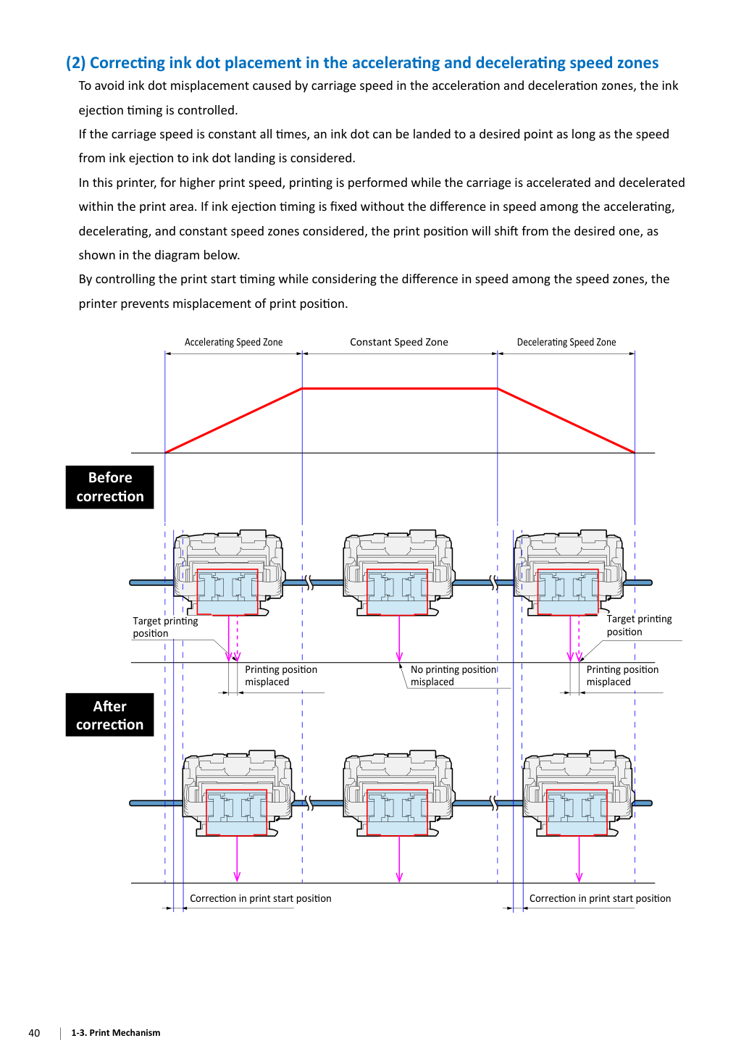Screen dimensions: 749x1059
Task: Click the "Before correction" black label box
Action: [109, 487]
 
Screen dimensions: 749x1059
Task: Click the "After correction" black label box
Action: [109, 715]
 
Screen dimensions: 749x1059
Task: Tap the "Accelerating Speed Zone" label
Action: [233, 342]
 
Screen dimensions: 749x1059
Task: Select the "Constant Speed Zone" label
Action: [399, 342]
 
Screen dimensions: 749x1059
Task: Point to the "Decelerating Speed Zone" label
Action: [566, 342]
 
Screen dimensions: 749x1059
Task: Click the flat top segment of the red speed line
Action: [400, 389]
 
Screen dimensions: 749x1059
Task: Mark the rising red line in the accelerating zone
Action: [233, 421]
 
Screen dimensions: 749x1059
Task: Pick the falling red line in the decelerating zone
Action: [566, 421]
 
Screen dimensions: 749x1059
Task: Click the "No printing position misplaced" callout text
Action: [453, 676]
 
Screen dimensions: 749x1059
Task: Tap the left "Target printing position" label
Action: [165, 627]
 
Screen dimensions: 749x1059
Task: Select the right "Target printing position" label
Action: [640, 625]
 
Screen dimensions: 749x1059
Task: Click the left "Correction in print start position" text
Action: [261, 898]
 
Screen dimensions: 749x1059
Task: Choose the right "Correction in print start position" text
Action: [600, 898]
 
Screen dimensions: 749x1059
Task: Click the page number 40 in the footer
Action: [34, 1032]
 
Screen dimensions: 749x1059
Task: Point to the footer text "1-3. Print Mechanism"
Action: [116, 1032]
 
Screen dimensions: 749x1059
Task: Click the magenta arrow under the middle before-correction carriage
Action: [399, 638]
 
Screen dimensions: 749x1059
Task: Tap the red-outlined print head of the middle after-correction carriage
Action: [397, 812]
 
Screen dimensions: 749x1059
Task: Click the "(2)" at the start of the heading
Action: [75, 63]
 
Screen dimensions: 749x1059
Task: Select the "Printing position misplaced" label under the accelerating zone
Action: [281, 676]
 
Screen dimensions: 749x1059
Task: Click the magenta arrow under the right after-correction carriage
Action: [579, 859]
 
